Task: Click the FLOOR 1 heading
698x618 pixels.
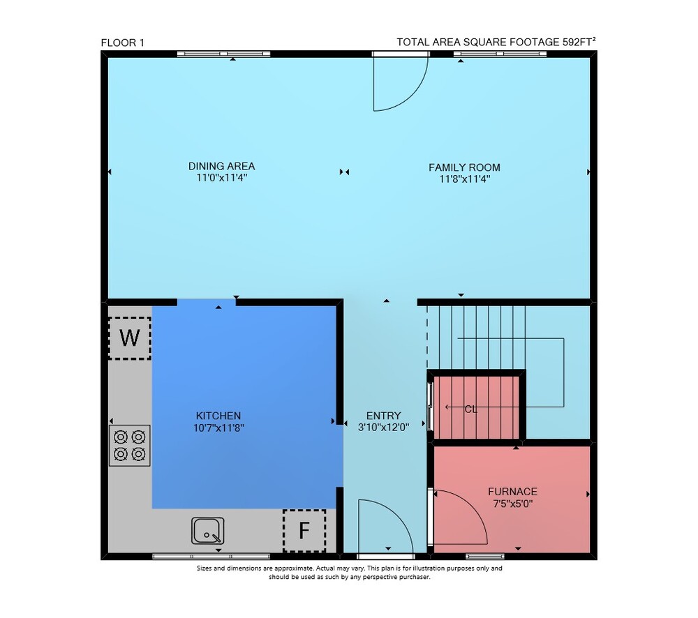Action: coord(122,43)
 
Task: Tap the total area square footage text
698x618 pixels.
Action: coord(496,42)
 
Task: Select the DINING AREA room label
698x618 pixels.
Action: coord(222,167)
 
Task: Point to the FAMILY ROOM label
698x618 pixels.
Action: coord(464,167)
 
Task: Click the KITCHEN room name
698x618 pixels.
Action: coord(218,416)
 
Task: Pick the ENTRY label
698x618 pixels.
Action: coord(384,416)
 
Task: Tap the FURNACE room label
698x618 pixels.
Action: coord(513,492)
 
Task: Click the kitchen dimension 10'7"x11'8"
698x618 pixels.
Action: coord(218,428)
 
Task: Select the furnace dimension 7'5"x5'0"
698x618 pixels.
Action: coord(513,504)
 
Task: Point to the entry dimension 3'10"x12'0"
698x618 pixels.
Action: coord(384,428)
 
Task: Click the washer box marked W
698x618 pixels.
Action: coord(130,338)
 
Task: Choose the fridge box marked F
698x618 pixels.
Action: coord(304,531)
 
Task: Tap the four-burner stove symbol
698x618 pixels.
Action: coord(130,446)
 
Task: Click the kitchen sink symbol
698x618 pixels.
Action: coord(208,530)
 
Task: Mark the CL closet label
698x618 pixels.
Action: coord(471,409)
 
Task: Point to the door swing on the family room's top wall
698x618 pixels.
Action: coord(413,94)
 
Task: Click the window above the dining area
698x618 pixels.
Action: coord(223,54)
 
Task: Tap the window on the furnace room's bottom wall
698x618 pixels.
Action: coord(485,556)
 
